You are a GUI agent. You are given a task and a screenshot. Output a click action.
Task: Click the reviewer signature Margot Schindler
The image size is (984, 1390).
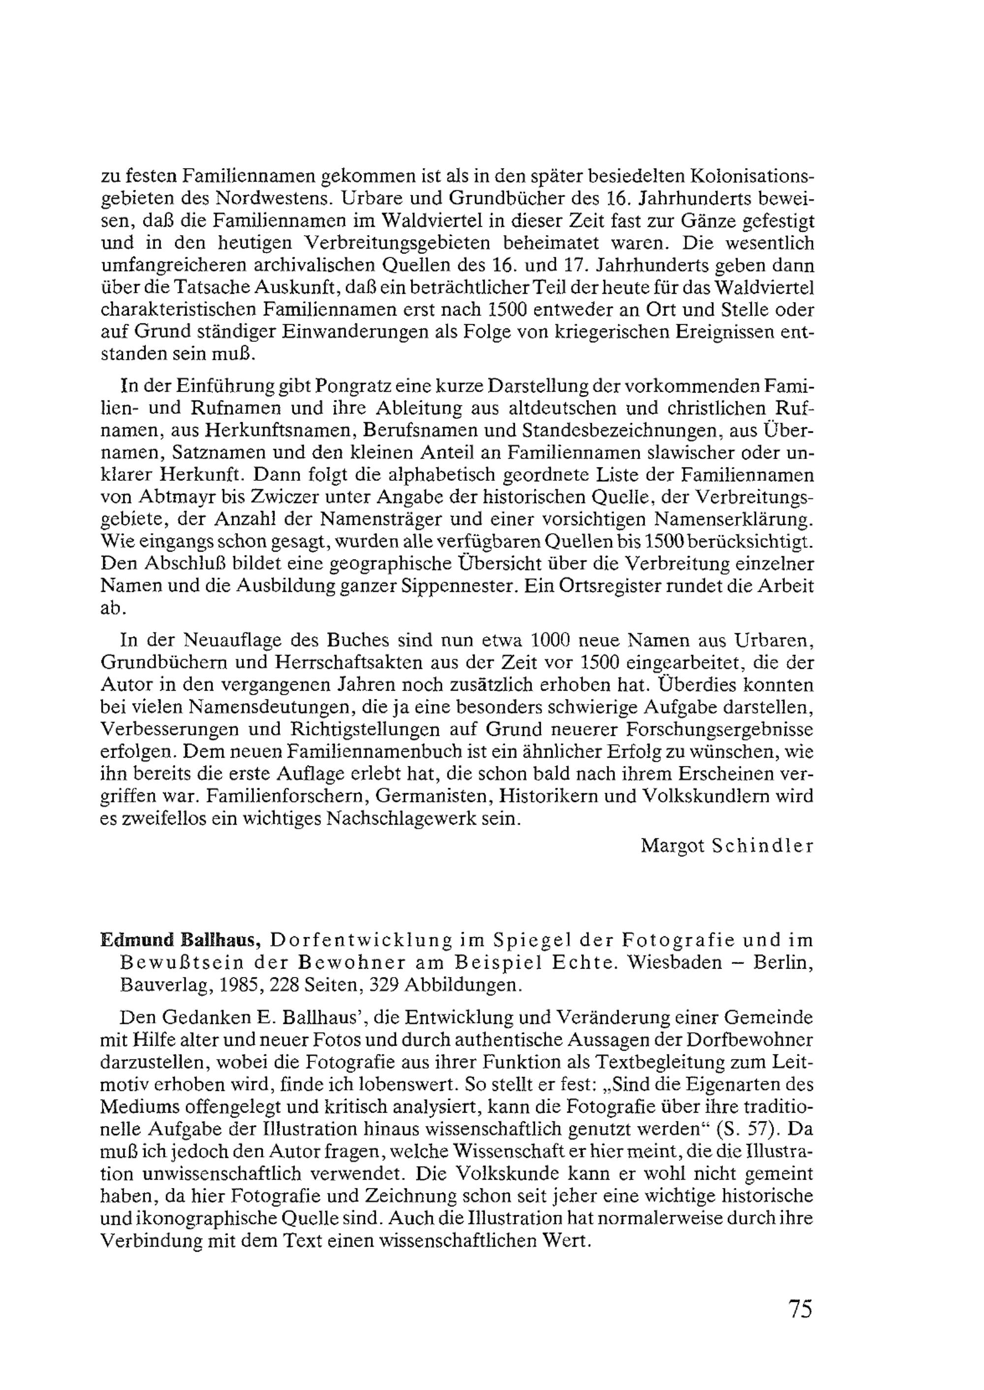tap(727, 846)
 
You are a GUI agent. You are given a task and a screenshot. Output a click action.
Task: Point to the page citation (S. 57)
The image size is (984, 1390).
tap(746, 1130)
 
